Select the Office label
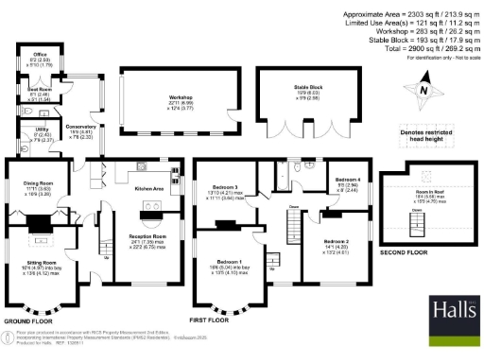click(41, 56)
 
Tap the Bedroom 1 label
click(228, 261)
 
